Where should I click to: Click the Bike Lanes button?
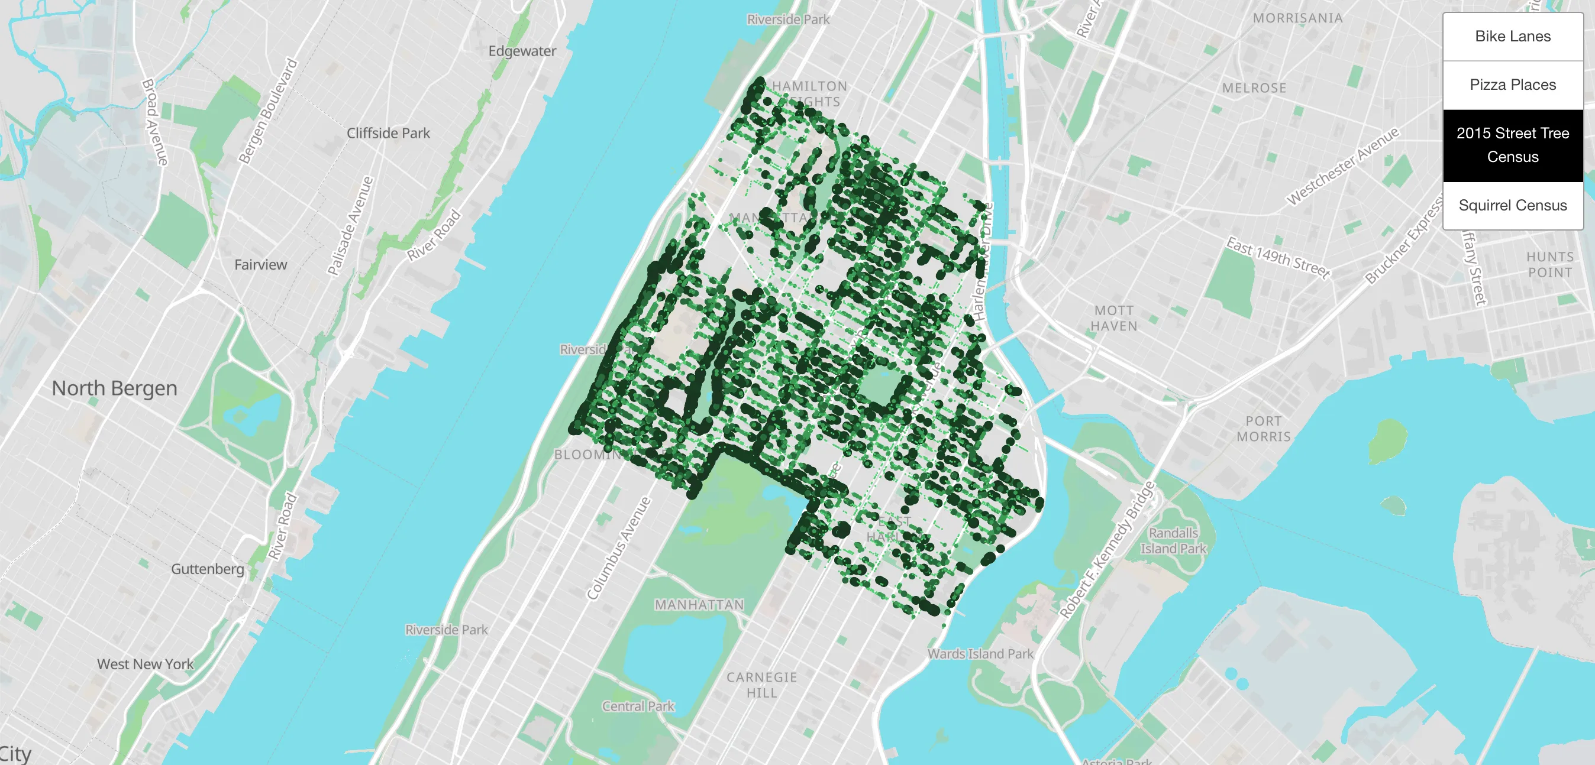(x=1512, y=37)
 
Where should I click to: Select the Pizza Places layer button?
(x=1512, y=85)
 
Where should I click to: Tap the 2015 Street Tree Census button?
(x=1512, y=145)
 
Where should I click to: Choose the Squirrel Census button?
(x=1512, y=206)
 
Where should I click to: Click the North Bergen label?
(x=115, y=388)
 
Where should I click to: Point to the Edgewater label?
(x=522, y=51)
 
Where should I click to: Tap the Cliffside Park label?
(x=388, y=133)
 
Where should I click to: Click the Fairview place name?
(x=261, y=265)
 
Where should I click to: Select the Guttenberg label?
(x=208, y=569)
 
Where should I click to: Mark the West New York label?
(x=146, y=664)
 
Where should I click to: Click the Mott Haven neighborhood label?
(x=1114, y=318)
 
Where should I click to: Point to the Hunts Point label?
(x=1550, y=265)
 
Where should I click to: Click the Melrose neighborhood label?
(x=1254, y=88)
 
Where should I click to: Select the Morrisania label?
(x=1298, y=18)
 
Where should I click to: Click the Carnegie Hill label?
(x=761, y=685)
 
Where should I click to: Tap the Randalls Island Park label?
(x=1173, y=540)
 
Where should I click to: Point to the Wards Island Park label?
(x=980, y=654)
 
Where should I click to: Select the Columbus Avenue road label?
(x=619, y=549)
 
